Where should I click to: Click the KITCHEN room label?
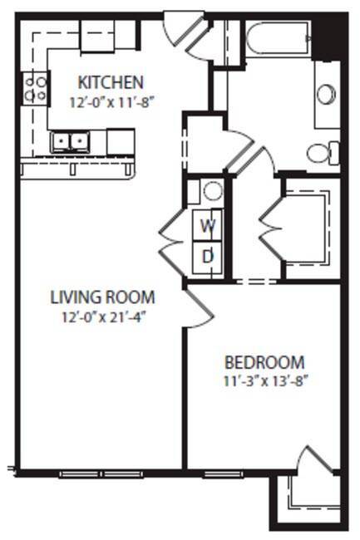111,82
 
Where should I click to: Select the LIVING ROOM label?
103,297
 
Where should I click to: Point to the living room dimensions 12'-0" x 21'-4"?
103,317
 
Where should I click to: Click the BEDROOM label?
264,363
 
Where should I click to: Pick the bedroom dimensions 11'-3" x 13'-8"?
264,381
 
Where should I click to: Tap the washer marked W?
209,224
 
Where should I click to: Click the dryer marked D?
209,256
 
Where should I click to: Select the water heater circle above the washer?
213,192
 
